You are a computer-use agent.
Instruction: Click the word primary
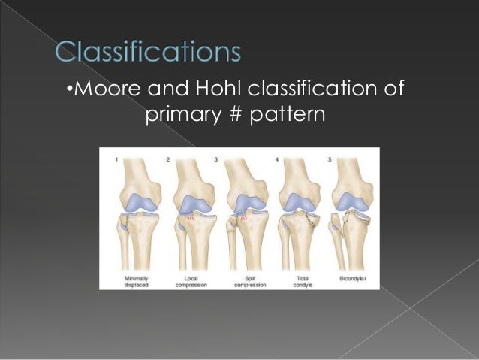(184, 116)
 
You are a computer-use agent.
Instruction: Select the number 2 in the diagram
(168, 159)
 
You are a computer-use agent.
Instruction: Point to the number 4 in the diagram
(276, 159)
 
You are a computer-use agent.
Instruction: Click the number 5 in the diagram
(329, 159)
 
